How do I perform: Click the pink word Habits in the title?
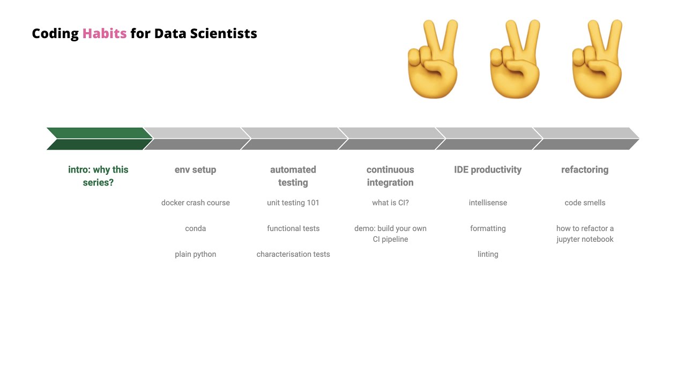pyautogui.click(x=105, y=34)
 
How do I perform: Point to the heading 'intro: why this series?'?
pyautogui.click(x=98, y=176)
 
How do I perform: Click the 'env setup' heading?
pyautogui.click(x=195, y=170)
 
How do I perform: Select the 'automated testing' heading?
pyautogui.click(x=293, y=176)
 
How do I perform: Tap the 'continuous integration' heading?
pyautogui.click(x=390, y=176)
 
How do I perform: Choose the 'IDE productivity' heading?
pyautogui.click(x=488, y=170)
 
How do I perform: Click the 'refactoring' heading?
pyautogui.click(x=585, y=170)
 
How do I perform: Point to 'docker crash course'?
pyautogui.click(x=195, y=203)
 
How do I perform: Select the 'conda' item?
pyautogui.click(x=195, y=228)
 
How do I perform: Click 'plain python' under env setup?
pyautogui.click(x=195, y=254)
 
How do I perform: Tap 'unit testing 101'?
pyautogui.click(x=293, y=203)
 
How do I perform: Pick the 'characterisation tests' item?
pyautogui.click(x=293, y=254)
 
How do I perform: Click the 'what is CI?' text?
pyautogui.click(x=390, y=203)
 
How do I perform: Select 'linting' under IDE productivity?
pyautogui.click(x=488, y=254)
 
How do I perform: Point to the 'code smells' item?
pyautogui.click(x=585, y=203)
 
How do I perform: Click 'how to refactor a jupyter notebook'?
pyautogui.click(x=585, y=234)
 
